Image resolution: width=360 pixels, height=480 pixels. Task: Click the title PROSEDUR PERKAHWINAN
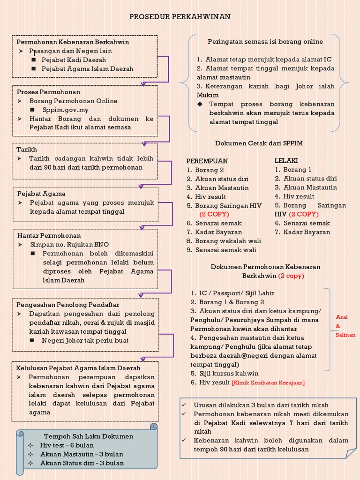coord(180,17)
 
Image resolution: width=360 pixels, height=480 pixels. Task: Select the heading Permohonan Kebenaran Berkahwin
coord(73,42)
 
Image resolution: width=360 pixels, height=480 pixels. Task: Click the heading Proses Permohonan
coord(48,92)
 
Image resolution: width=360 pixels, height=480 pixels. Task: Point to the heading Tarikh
coord(27,150)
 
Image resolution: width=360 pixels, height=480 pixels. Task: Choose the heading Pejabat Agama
coord(41,194)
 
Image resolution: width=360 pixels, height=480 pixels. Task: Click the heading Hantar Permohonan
coord(49,236)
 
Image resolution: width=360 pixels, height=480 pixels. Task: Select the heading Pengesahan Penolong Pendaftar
coord(67,305)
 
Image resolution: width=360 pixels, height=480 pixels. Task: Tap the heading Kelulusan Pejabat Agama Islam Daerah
coord(78,368)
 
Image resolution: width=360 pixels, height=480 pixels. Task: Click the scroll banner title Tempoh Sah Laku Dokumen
coord(89,436)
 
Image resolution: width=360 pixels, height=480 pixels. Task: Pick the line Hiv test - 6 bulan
coord(67,445)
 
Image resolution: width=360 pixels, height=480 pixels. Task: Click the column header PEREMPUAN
coord(207,161)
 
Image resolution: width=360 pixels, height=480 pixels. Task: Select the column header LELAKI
coord(286,161)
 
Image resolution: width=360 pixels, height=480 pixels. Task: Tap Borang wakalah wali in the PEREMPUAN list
coord(228,241)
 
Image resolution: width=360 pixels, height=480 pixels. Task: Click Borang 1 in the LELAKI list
coord(297,170)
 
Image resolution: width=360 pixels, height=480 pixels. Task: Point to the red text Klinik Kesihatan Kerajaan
coord(268,383)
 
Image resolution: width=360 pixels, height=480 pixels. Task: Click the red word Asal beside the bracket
coord(342,317)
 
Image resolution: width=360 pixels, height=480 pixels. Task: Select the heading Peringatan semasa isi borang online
coord(265,42)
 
